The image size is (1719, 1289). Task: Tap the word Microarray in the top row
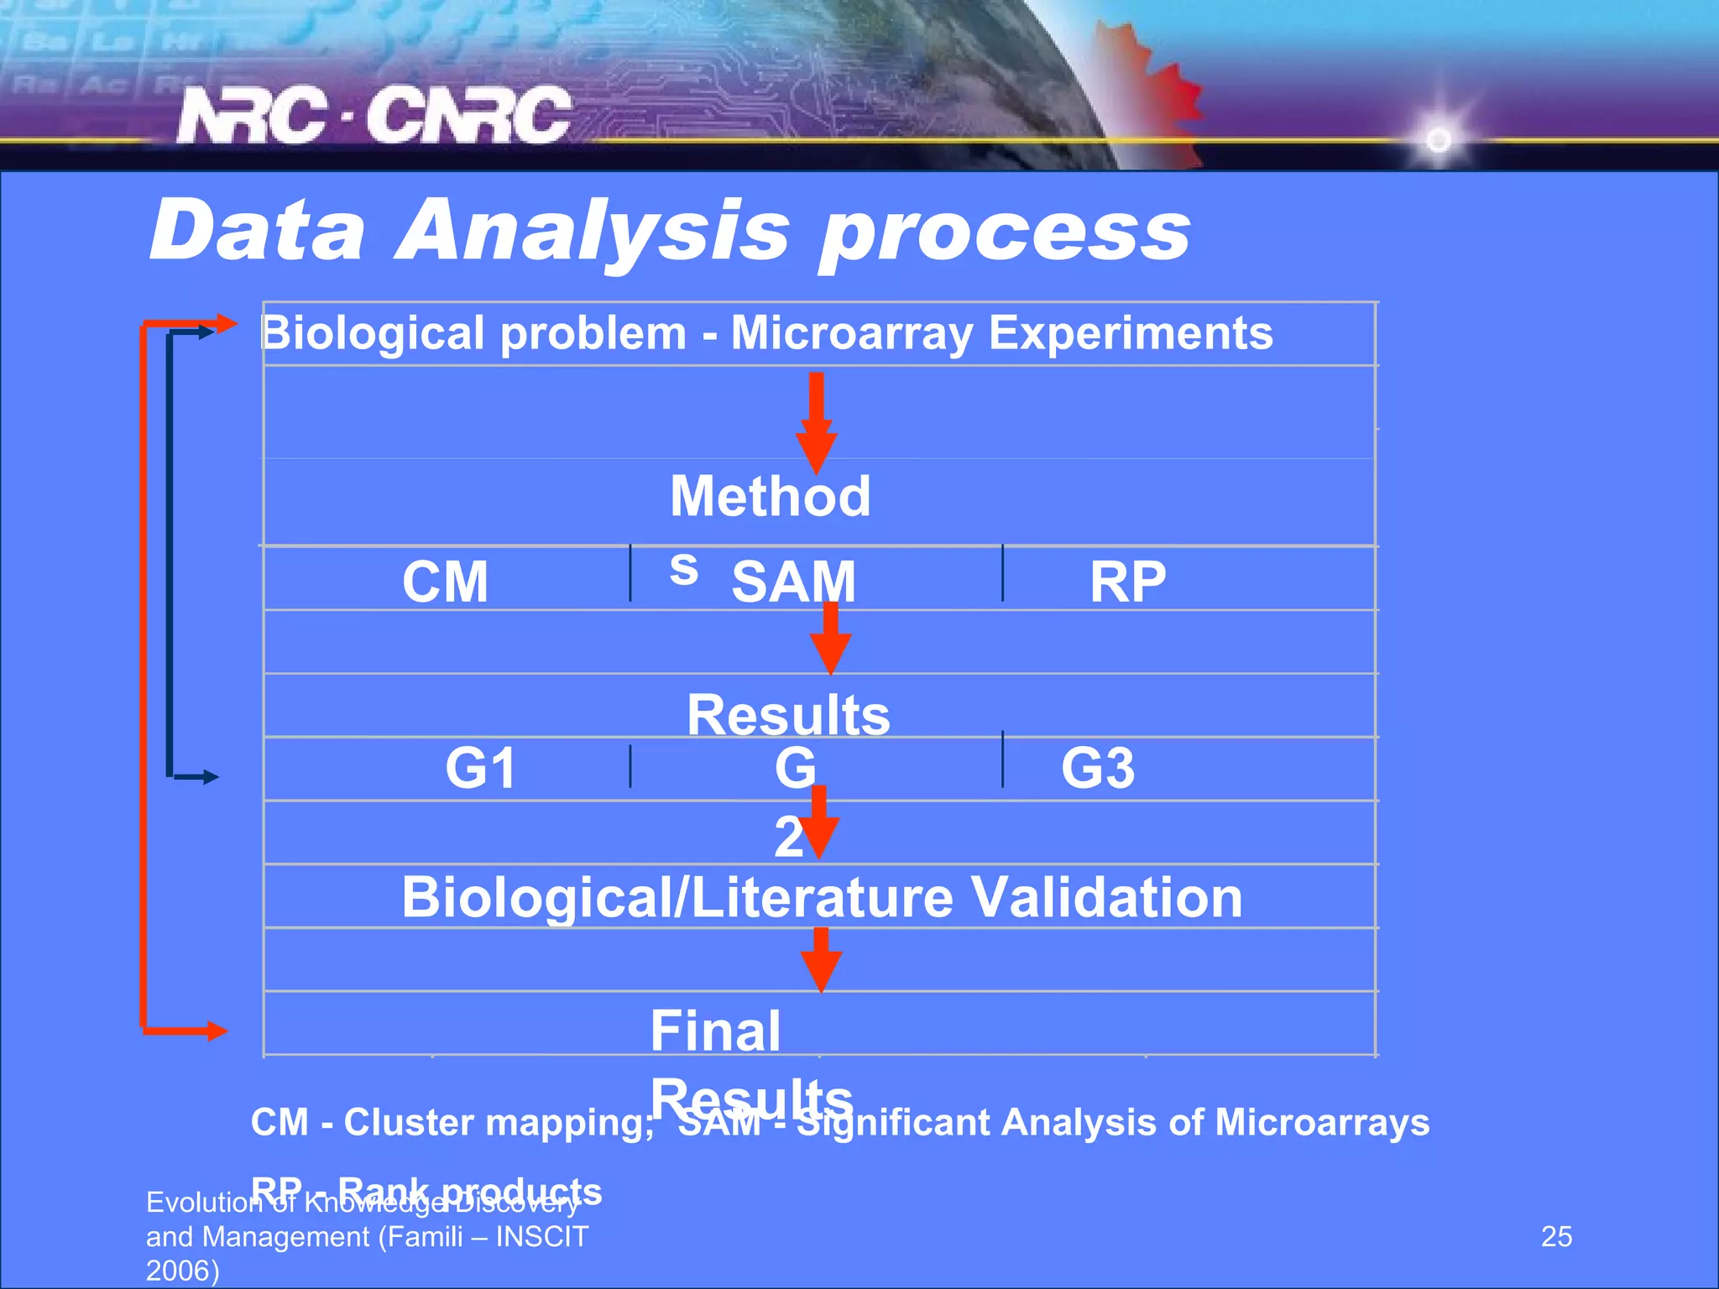[852, 333]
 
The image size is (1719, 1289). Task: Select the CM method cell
[445, 582]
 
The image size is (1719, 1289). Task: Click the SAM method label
[793, 582]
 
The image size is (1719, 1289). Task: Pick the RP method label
[1127, 582]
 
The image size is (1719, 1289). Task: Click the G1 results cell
[480, 768]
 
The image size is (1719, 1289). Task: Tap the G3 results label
[1098, 768]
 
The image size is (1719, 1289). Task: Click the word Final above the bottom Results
[715, 1031]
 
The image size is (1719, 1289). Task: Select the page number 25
[1556, 1236]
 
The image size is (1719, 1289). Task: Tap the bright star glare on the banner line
[1438, 138]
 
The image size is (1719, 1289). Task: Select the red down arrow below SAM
[830, 641]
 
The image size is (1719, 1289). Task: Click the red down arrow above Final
[821, 962]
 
